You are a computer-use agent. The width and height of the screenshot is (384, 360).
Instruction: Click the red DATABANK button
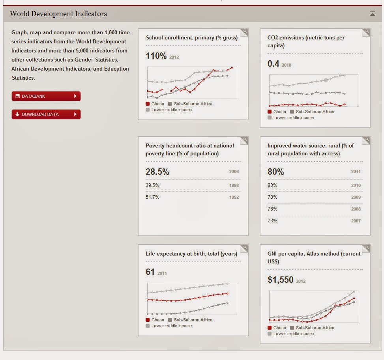(46, 96)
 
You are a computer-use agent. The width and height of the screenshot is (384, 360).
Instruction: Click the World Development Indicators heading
(58, 14)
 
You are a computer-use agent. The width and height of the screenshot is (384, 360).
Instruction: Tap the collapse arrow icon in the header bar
(372, 14)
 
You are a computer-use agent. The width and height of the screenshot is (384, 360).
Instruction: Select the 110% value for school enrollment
(156, 56)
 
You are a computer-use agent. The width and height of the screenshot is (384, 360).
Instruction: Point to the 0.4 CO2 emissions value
(273, 64)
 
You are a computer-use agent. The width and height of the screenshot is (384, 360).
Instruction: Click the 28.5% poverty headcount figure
(157, 172)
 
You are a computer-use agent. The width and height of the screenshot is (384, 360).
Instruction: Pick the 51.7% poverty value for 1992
(152, 197)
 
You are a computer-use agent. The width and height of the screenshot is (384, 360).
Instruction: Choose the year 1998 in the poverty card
(234, 185)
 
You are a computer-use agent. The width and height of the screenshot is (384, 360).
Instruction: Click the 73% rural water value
(272, 221)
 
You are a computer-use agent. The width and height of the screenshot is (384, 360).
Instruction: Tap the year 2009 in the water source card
(356, 197)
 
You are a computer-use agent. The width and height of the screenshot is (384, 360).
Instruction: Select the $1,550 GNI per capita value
(281, 280)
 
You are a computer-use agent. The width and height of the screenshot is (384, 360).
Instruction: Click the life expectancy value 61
(150, 272)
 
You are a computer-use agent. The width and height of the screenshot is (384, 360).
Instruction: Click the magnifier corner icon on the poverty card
(245, 140)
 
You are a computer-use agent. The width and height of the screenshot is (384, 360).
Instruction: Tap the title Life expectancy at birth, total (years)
(191, 254)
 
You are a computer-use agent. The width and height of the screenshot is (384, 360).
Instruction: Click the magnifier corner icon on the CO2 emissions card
(367, 32)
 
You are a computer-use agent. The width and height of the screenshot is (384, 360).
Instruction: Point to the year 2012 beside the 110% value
(174, 57)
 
